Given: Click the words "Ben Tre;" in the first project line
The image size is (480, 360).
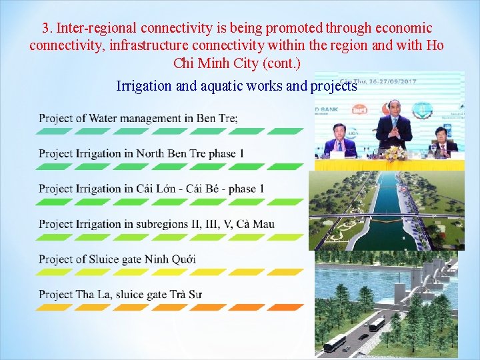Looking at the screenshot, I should pyautogui.click(x=217, y=118).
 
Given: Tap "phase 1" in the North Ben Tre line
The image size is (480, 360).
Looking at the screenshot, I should pyautogui.click(x=226, y=153).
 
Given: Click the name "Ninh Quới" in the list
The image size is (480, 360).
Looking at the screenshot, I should pyautogui.click(x=170, y=259).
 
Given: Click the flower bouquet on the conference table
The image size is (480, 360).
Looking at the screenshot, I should pyautogui.click(x=395, y=154).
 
